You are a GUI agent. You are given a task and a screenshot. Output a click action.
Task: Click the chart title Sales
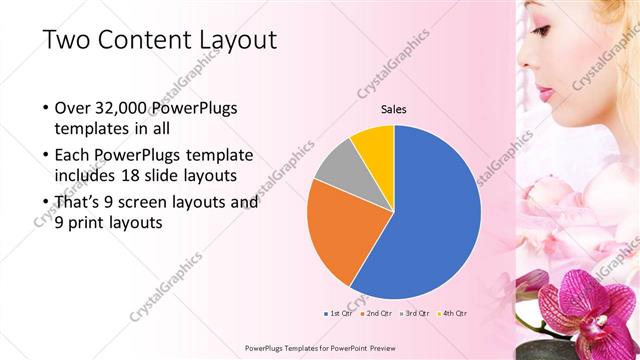pos(393,110)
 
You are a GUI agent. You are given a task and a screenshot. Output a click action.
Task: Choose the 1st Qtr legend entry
pos(340,313)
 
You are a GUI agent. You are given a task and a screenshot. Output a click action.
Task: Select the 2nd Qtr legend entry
pos(376,313)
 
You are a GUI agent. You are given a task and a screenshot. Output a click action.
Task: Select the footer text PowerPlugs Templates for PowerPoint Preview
pos(319,348)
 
